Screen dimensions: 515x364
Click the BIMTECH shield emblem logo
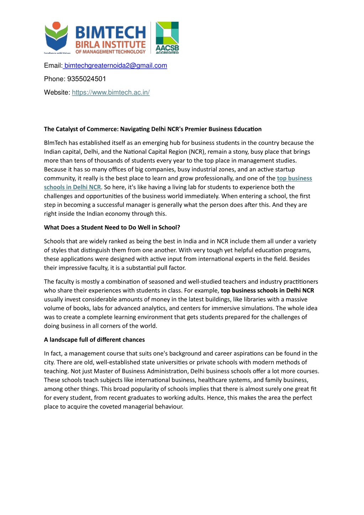(x=56, y=37)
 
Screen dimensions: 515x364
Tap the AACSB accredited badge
(x=167, y=38)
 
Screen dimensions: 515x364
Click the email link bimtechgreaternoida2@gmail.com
(x=116, y=65)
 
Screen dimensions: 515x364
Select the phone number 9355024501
(x=86, y=79)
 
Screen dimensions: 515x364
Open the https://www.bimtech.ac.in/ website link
(x=111, y=93)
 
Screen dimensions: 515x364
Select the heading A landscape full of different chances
(x=94, y=340)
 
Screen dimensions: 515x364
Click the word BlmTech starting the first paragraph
(x=56, y=143)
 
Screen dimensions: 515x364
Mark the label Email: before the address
(x=53, y=65)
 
